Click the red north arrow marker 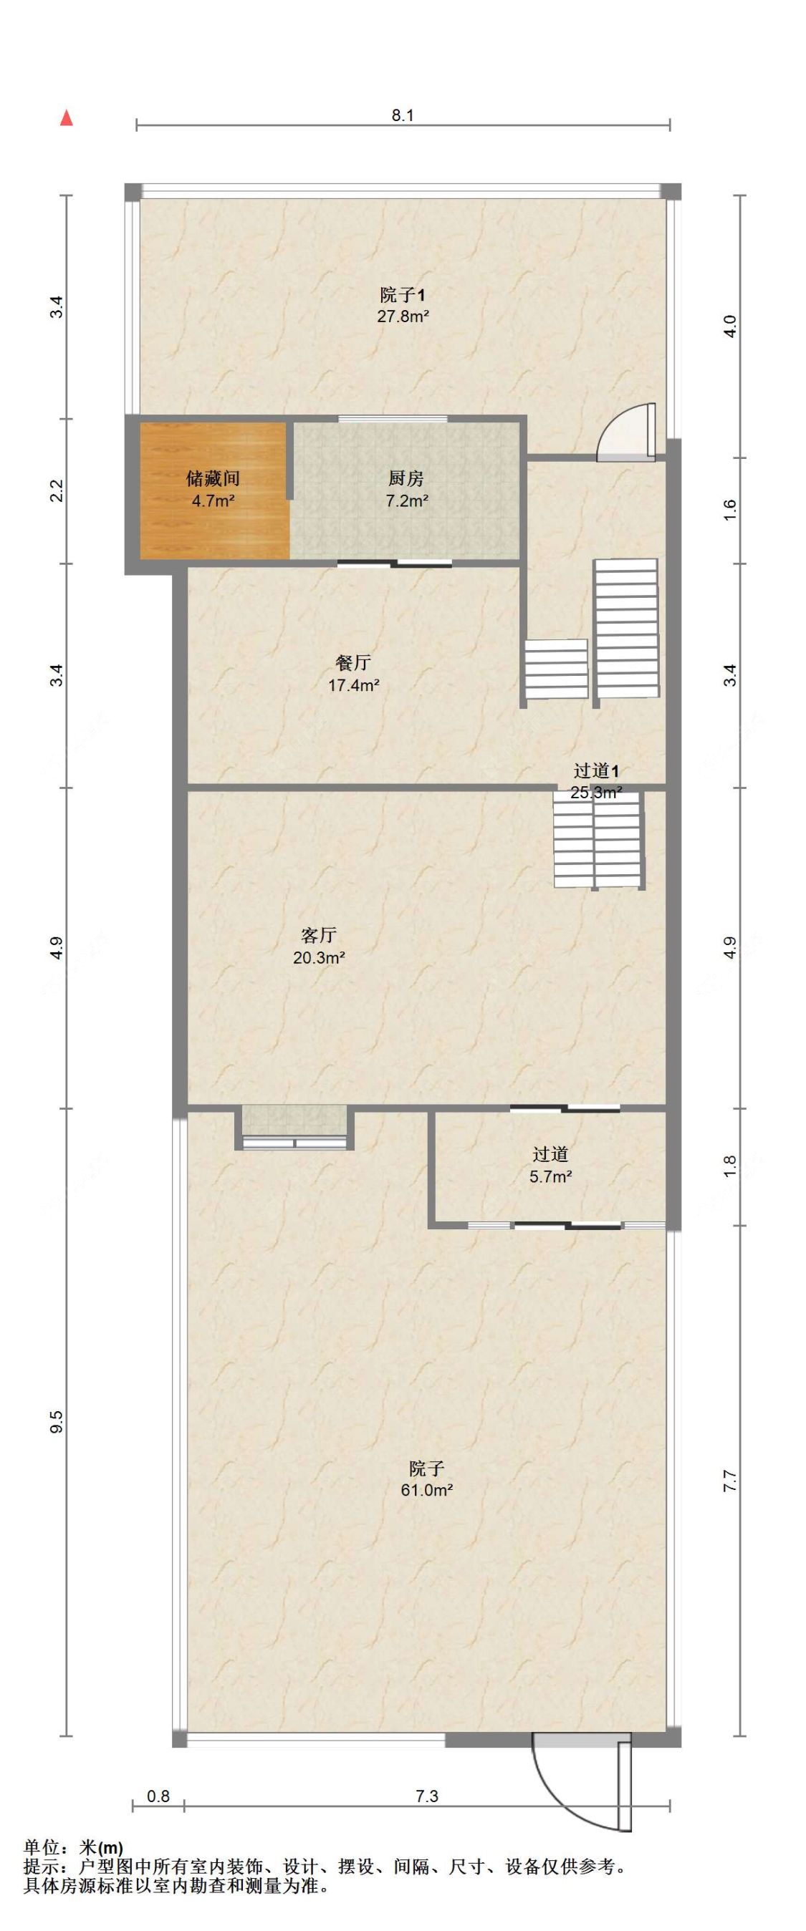pos(67,117)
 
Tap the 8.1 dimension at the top pos(403,115)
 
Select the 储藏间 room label pos(213,478)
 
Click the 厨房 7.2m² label pos(406,490)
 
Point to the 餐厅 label pos(353,663)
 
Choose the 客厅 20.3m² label pos(319,946)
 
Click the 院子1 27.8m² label pos(403,305)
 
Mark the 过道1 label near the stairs pos(596,770)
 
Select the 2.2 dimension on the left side pos(57,491)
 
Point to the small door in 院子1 pos(626,432)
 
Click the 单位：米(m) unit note pos(74,1848)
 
